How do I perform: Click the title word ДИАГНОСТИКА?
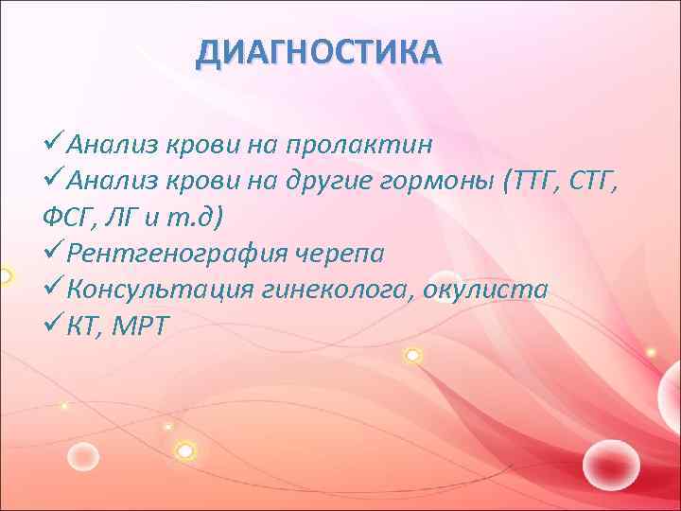pos(318,53)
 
